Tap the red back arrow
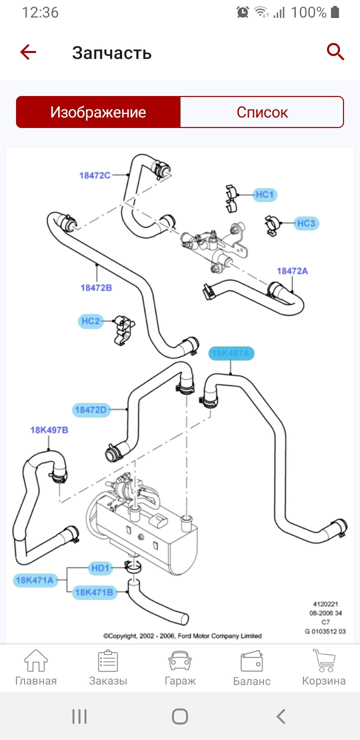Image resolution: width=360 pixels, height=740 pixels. [28, 52]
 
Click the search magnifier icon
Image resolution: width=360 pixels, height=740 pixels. [335, 51]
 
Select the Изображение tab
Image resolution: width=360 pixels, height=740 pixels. [98, 112]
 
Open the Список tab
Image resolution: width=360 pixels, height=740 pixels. [262, 112]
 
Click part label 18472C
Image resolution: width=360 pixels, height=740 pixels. [94, 175]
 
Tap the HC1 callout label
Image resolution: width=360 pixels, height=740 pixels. [264, 194]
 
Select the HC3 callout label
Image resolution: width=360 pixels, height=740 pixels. [306, 223]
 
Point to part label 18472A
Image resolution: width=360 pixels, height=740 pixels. [292, 271]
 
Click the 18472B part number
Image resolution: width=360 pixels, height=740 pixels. [96, 287]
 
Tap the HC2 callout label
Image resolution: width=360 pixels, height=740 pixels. [90, 321]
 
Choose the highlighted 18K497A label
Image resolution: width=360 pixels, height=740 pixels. [231, 354]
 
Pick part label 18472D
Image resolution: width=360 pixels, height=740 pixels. [91, 410]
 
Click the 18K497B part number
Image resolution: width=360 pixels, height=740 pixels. [49, 430]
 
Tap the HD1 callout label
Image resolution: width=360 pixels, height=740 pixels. [100, 568]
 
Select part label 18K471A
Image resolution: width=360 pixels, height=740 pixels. [34, 580]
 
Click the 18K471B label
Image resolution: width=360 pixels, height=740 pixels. [94, 592]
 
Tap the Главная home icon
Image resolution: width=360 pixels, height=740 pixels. [36, 661]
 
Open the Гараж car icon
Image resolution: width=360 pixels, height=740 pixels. [180, 661]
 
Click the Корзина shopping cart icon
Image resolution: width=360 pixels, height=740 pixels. [323, 661]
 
